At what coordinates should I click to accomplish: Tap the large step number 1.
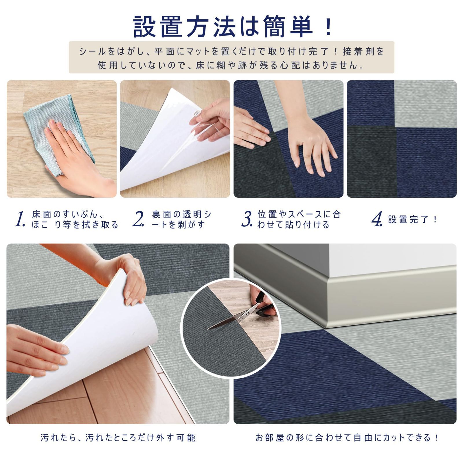(20, 219)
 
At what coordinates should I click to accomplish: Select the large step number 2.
(138, 219)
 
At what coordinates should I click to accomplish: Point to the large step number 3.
(247, 219)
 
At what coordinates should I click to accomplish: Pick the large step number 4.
(377, 219)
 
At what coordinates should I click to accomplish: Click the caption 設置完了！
(413, 219)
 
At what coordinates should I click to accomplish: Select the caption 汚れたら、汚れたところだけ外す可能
(118, 438)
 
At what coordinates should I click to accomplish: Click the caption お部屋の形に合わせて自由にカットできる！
(347, 438)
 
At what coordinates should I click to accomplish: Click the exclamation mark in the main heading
(328, 27)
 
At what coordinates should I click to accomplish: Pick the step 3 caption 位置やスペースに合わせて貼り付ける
(299, 219)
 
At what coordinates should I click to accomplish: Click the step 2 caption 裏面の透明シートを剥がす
(181, 219)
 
